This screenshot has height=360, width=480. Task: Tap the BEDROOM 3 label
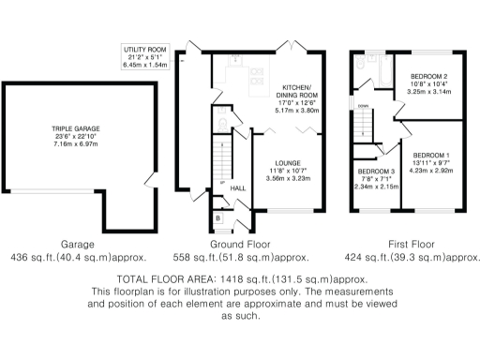pos(374,171)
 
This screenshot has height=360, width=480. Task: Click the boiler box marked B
pos(218,217)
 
